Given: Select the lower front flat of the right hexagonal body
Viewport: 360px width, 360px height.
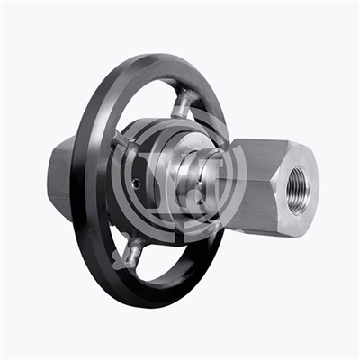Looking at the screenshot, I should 256,216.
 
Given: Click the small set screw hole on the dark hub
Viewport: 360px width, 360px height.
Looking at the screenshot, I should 135,183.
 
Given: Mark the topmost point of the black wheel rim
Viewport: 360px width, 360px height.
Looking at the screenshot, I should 171,56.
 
